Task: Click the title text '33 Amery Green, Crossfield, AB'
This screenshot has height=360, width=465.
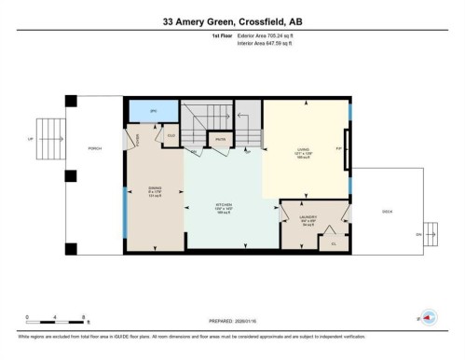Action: coord(232,21)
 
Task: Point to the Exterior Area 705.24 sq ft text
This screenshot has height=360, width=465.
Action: coord(271,35)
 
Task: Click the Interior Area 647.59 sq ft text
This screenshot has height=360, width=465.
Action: coord(270,43)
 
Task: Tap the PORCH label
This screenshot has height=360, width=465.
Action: coord(93,149)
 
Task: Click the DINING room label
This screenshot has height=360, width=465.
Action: coord(156,193)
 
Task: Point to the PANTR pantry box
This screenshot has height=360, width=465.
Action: coord(221,141)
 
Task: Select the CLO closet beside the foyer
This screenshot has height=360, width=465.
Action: coord(171,137)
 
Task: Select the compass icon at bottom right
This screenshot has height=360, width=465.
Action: coord(429,318)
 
